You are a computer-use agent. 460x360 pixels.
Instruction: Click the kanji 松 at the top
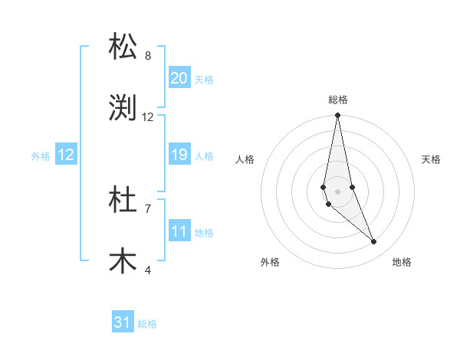123,47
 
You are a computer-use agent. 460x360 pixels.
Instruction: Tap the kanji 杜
123,200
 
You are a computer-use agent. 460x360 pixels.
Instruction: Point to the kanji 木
123,261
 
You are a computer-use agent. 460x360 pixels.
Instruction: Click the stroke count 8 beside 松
148,56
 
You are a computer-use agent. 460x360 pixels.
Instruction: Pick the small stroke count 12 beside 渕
148,117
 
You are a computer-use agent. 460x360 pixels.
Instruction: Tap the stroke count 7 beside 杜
148,208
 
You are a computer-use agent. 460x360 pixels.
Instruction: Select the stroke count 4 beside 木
148,270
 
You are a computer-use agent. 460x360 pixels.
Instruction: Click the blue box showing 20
179,78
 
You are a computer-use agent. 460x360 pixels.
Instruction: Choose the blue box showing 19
179,155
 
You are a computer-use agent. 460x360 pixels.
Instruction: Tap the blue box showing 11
179,231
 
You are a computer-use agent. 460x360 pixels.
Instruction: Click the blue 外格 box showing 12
66,155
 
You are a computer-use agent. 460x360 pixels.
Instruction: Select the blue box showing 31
123,322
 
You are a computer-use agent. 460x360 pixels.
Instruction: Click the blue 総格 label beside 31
147,324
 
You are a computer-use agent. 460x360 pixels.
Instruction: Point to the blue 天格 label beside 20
204,80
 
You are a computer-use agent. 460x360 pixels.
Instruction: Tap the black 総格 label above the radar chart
338,100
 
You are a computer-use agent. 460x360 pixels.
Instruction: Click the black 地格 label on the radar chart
402,262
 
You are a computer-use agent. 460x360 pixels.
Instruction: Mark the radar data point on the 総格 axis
337,116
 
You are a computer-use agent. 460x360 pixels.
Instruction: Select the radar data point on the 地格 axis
374,242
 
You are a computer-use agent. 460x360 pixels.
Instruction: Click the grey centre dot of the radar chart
337,191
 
